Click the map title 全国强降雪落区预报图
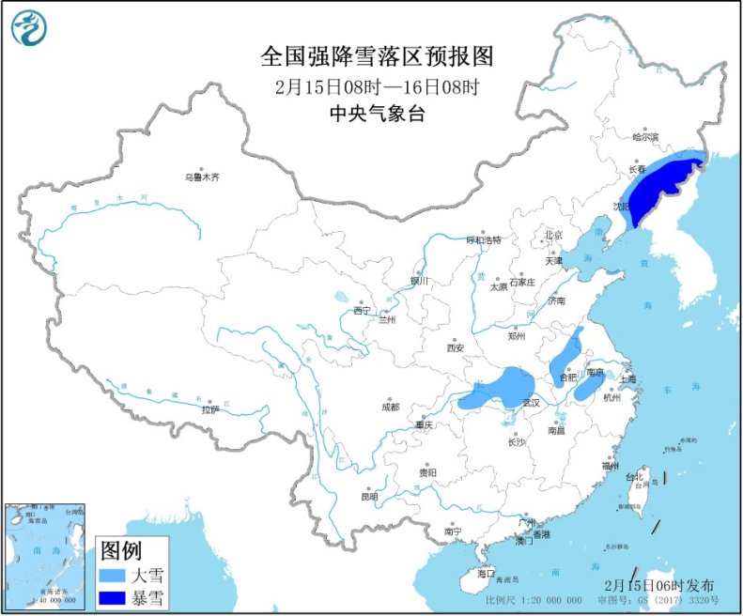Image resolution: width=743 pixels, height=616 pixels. coord(376,57)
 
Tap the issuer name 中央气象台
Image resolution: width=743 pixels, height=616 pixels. coord(376,115)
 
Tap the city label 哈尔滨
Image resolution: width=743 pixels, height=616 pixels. coord(645,137)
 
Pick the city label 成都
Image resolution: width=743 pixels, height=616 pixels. coord(389,407)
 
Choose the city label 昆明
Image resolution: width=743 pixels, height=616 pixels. coord(368,496)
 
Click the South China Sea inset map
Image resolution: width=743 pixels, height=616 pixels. coord(44,555)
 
